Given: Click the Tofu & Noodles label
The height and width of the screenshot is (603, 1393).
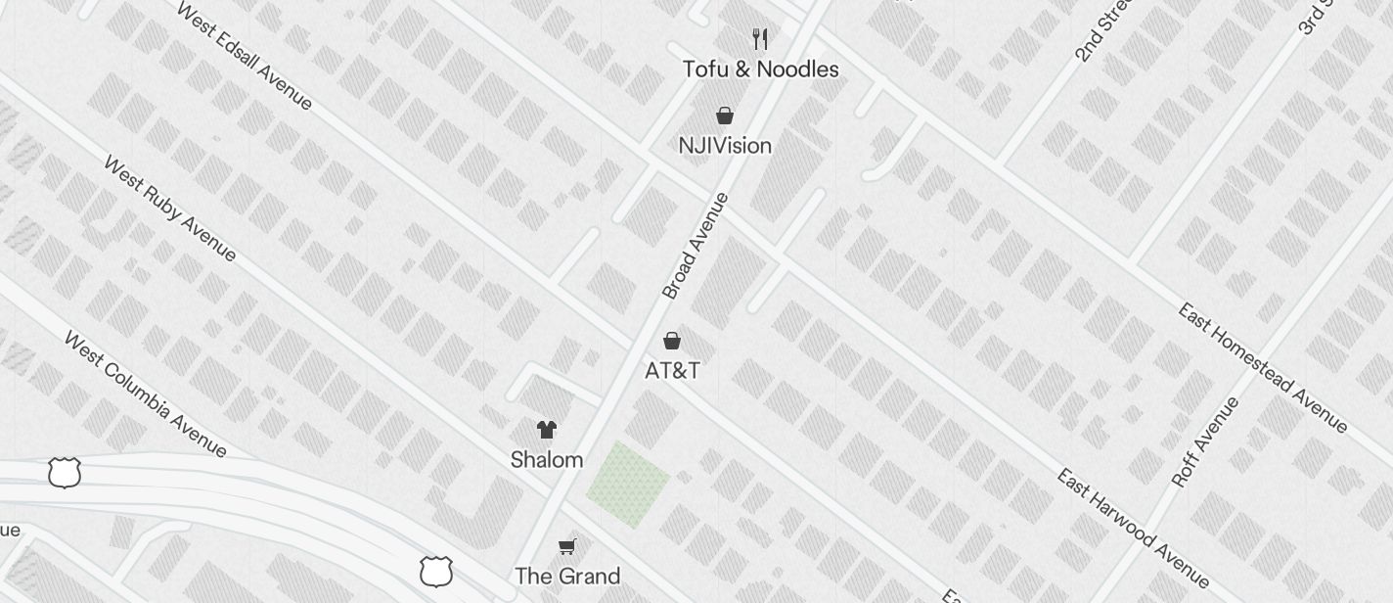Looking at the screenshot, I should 760,70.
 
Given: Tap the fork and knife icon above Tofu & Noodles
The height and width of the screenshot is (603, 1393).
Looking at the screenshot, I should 760,39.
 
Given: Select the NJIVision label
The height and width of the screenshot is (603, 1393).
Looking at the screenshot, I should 725,146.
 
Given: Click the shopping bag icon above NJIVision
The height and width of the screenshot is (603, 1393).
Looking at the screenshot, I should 725,116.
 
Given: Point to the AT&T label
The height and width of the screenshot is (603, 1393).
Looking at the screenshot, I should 672,371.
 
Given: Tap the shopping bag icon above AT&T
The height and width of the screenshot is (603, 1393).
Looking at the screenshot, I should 672,341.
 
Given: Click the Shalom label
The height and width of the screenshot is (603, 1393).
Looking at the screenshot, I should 547,460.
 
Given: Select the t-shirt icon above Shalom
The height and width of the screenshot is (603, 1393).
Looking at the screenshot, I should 547,429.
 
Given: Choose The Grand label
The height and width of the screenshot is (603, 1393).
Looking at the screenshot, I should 567,576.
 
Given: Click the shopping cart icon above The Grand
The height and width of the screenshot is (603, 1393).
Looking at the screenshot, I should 567,545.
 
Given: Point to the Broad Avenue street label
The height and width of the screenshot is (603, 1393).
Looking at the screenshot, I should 696,246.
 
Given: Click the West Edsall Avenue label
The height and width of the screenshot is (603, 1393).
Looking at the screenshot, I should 245,56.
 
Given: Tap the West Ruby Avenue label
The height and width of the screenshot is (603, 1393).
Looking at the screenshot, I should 169,209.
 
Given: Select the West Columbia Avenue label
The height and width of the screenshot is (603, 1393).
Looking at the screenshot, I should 145,394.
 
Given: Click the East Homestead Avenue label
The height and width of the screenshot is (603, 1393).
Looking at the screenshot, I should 1263,367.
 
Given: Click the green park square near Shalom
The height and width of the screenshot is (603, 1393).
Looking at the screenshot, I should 627,484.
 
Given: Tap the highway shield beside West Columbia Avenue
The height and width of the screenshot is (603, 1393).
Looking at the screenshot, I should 65,473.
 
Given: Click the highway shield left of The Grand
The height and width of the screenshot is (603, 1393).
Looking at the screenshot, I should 436,571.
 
